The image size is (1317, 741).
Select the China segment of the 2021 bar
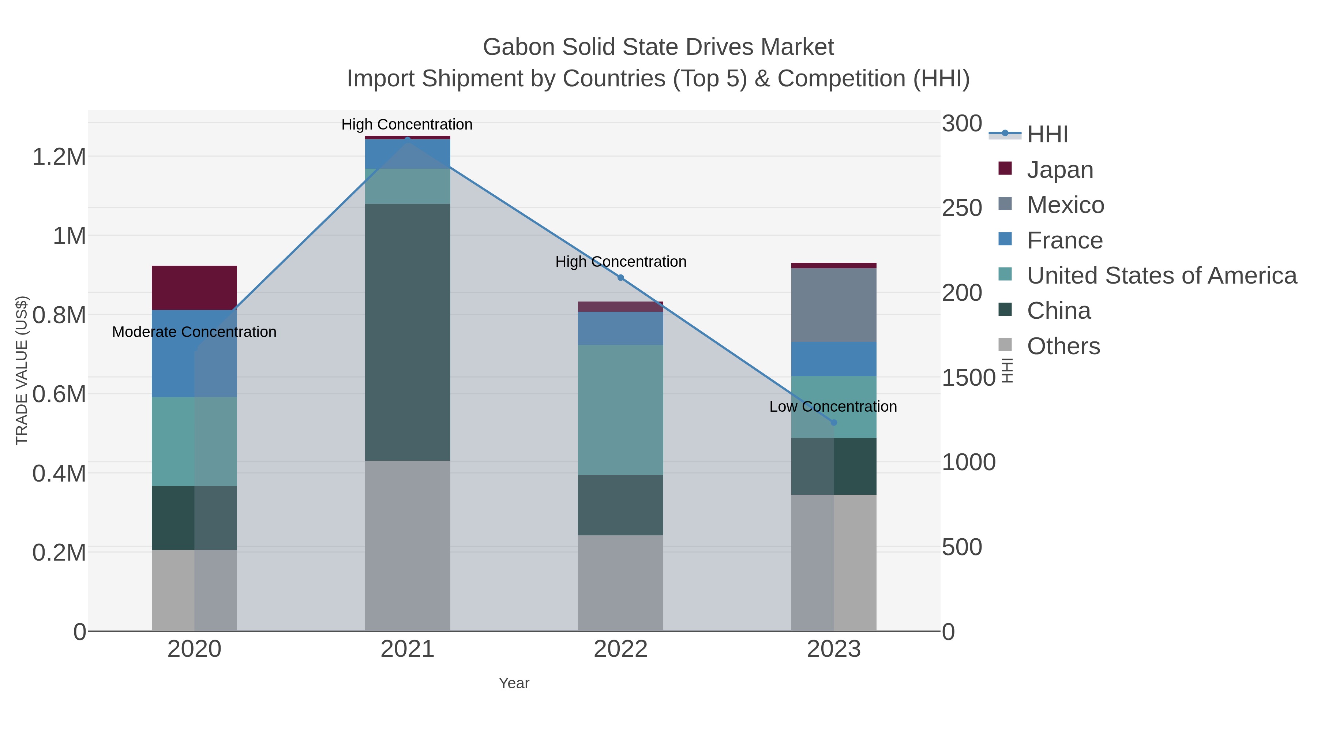click(408, 332)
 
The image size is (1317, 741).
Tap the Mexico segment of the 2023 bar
click(834, 305)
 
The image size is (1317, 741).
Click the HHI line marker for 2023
click(834, 422)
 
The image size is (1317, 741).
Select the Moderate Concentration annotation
click(194, 332)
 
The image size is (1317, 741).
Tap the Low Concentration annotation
click(833, 407)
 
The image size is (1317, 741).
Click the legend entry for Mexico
click(1065, 205)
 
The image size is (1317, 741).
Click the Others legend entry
click(1063, 346)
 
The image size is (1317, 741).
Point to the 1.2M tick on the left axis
click(59, 157)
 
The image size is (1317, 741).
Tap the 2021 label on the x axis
click(408, 649)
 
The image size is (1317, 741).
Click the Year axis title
click(514, 683)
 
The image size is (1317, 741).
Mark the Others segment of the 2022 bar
click(620, 583)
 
